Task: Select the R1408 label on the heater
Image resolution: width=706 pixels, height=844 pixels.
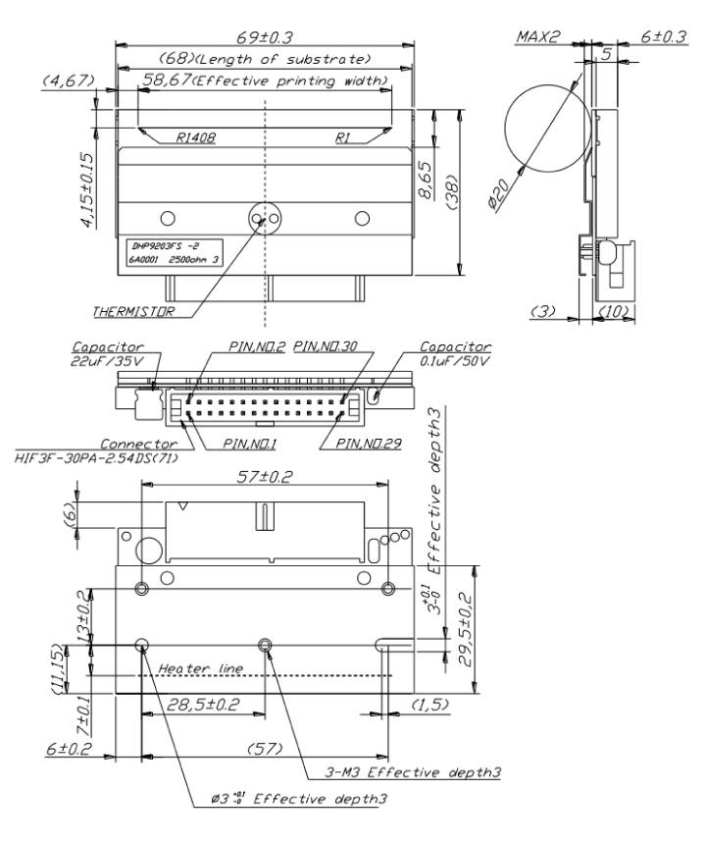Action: tap(196, 137)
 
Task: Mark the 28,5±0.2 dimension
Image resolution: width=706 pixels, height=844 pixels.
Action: tap(203, 705)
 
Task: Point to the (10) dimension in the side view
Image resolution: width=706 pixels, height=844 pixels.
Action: tap(615, 310)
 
